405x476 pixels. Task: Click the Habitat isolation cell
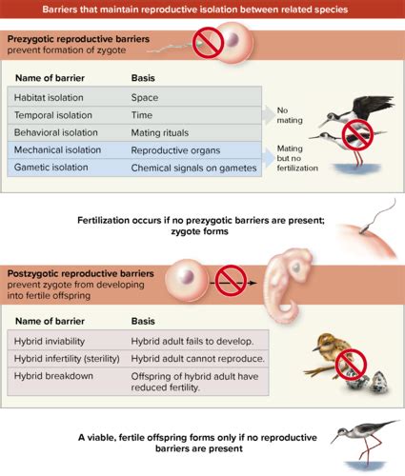pyautogui.click(x=49, y=97)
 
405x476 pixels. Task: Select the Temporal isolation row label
pyautogui.click(x=53, y=115)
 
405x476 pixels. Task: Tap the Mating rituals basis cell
pyautogui.click(x=160, y=132)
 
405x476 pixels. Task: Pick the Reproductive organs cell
pyautogui.click(x=175, y=150)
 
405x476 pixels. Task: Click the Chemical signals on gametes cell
pyautogui.click(x=193, y=168)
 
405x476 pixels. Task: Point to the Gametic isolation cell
pyautogui.click(x=51, y=168)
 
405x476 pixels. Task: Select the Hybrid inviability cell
pyautogui.click(x=50, y=341)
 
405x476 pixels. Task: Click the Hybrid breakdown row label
pyautogui.click(x=53, y=376)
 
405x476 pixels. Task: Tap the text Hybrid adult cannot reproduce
pyautogui.click(x=197, y=359)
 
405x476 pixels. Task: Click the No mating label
pyautogui.click(x=290, y=115)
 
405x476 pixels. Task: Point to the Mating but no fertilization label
pyautogui.click(x=297, y=158)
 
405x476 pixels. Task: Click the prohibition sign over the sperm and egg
pyautogui.click(x=209, y=43)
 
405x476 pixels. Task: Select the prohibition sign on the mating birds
pyautogui.click(x=357, y=134)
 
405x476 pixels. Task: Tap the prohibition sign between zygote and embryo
pyautogui.click(x=231, y=281)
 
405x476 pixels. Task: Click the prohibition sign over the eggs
pyautogui.click(x=351, y=365)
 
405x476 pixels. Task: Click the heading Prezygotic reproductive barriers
pyautogui.click(x=78, y=39)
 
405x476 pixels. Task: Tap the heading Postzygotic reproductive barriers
pyautogui.click(x=80, y=273)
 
